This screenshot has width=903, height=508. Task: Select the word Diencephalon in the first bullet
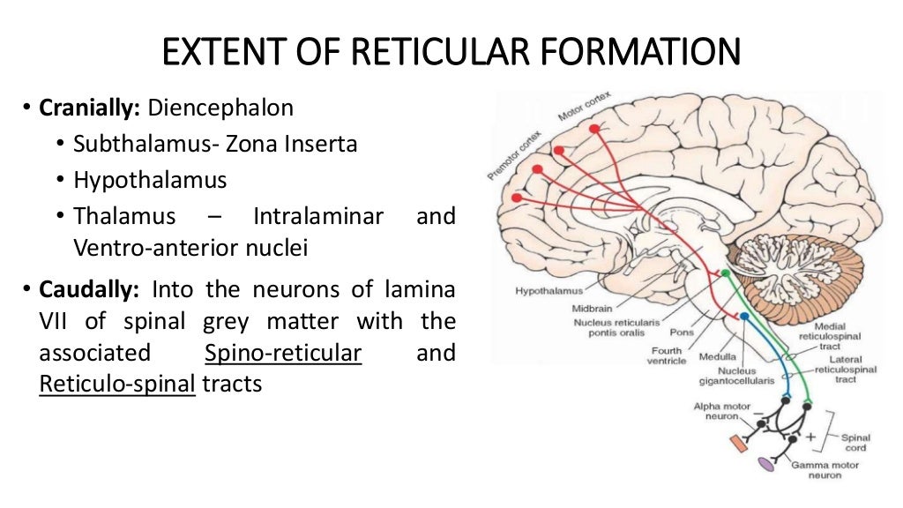[220, 108]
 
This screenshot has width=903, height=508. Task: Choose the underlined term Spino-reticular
[283, 353]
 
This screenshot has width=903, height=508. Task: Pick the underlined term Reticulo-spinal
[116, 385]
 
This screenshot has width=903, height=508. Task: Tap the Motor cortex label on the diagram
[584, 106]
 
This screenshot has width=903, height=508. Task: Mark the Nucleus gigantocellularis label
[739, 377]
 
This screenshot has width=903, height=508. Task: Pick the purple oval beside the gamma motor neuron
[766, 462]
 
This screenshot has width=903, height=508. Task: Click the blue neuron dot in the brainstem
[744, 316]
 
